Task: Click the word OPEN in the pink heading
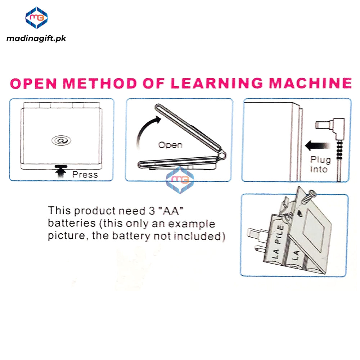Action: click(x=33, y=83)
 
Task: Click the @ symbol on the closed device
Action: click(x=61, y=140)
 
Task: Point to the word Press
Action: click(x=85, y=175)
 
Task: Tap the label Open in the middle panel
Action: click(x=170, y=145)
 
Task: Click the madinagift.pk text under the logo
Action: click(x=36, y=38)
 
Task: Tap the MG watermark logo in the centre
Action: click(x=180, y=180)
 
